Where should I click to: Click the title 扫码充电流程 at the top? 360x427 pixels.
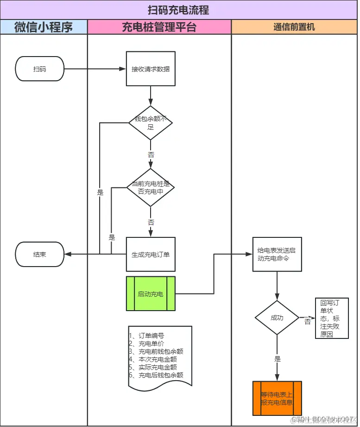click(x=178, y=10)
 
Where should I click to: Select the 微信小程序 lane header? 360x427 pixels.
click(x=44, y=27)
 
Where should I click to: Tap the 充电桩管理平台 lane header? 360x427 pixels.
click(x=159, y=27)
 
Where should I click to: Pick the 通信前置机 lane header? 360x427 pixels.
click(x=294, y=27)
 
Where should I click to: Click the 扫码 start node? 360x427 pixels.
click(x=40, y=69)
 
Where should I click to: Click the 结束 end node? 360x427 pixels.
click(x=40, y=254)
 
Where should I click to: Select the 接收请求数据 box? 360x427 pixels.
click(x=151, y=69)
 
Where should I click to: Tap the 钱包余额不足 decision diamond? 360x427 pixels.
click(x=151, y=123)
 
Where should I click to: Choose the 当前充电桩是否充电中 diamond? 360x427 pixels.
click(x=151, y=187)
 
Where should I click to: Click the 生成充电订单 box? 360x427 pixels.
click(x=151, y=254)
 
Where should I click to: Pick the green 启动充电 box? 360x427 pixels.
click(x=151, y=293)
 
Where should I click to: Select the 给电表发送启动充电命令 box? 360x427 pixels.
click(x=277, y=254)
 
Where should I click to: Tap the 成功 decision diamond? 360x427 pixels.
click(x=277, y=318)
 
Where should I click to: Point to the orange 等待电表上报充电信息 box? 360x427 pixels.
click(x=277, y=398)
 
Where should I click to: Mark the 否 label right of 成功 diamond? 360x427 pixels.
click(x=307, y=322)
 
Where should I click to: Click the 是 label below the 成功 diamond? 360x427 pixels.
click(x=277, y=359)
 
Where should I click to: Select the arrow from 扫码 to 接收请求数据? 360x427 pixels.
click(x=95, y=69)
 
